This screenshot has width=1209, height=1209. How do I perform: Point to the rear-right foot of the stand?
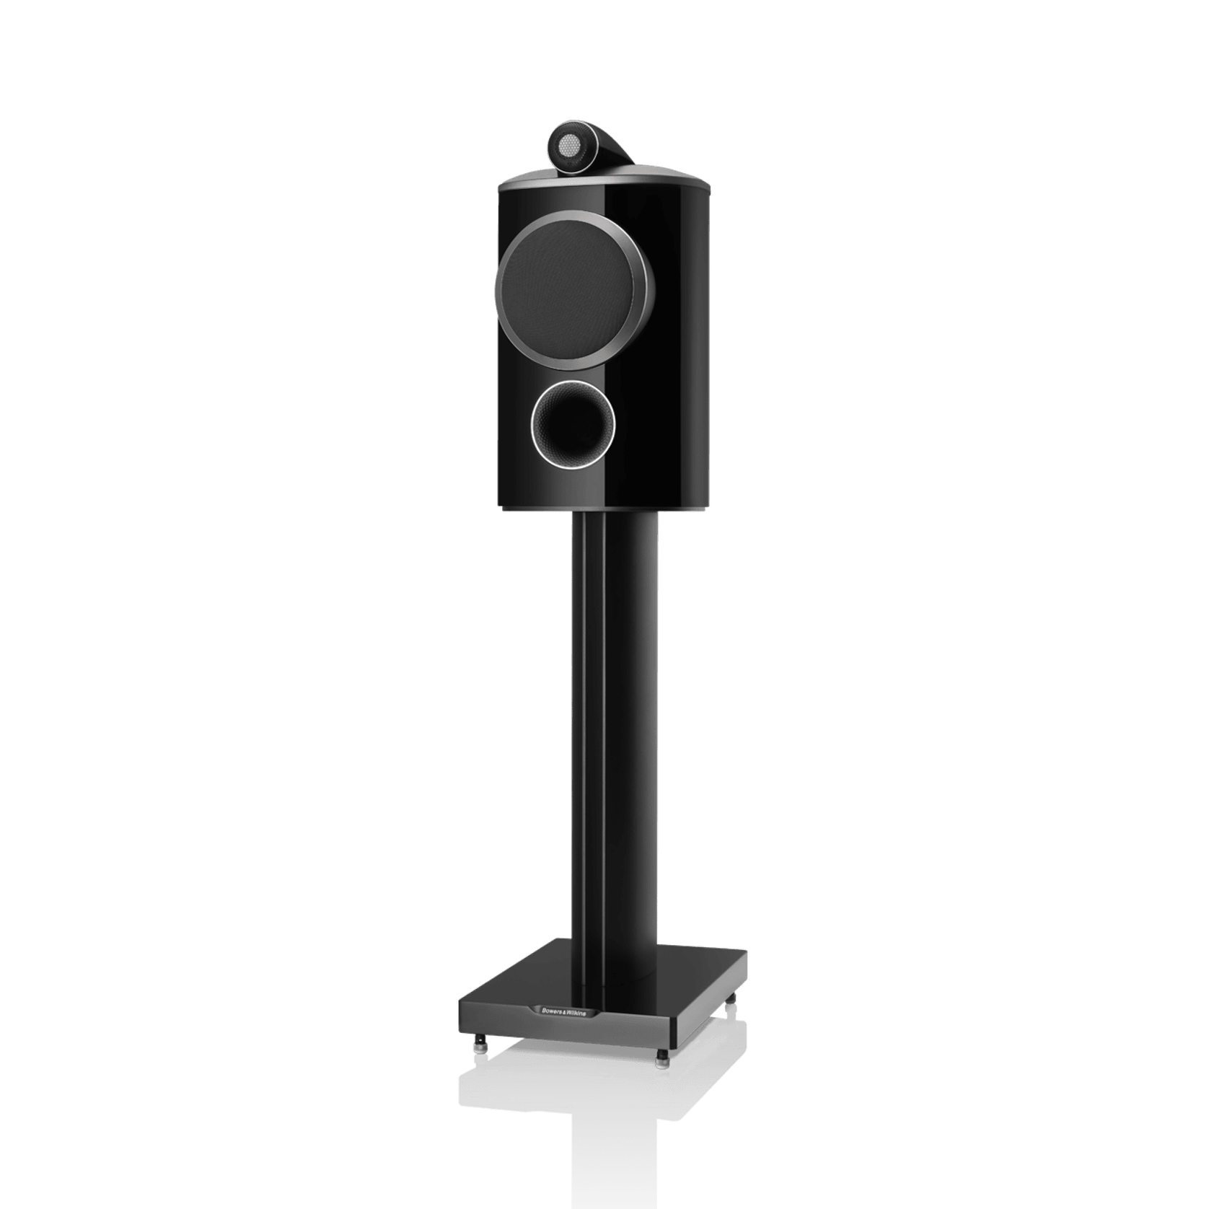click(734, 1002)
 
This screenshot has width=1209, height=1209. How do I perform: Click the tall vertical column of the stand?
click(617, 721)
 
